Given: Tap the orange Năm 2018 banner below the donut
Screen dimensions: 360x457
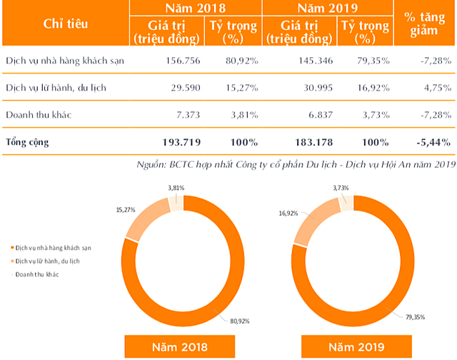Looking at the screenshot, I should (179, 347).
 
